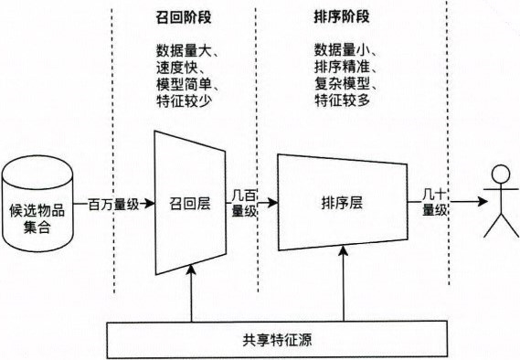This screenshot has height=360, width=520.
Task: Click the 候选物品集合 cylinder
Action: [41, 205]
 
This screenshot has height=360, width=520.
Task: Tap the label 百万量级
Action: [113, 204]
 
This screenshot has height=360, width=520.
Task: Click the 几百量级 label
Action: [244, 202]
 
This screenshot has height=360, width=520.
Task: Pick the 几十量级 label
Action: [433, 201]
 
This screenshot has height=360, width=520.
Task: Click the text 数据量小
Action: [343, 48]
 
